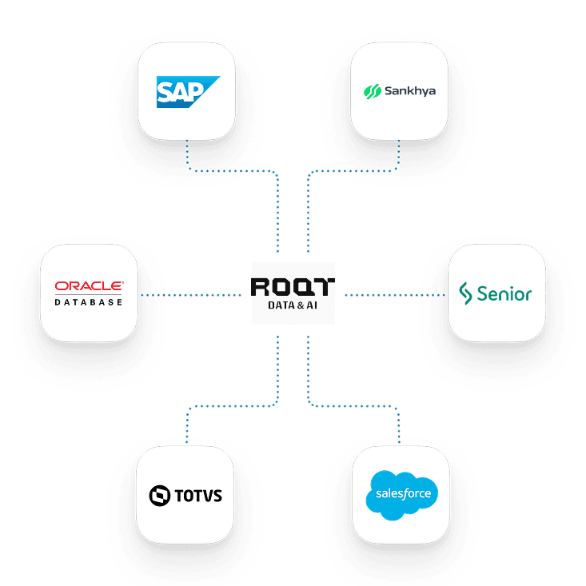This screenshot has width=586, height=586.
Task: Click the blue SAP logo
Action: click(x=188, y=92)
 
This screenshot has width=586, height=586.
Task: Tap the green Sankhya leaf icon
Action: click(x=373, y=91)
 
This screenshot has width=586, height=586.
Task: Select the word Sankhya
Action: click(x=410, y=91)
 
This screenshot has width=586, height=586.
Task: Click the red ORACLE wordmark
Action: click(x=90, y=286)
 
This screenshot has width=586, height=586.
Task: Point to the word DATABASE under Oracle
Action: click(x=89, y=302)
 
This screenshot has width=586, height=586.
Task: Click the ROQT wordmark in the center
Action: click(x=293, y=287)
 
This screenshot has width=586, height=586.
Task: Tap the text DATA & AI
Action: click(x=293, y=305)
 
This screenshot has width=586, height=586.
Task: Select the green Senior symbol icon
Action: click(x=465, y=293)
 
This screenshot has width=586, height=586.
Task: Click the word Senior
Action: click(x=504, y=293)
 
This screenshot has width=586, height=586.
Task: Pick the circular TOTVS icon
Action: click(x=160, y=496)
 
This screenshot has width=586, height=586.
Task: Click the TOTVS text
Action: click(x=198, y=496)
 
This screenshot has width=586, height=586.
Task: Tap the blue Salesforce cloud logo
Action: click(x=402, y=495)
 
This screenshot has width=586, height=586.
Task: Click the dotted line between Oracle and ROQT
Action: click(x=191, y=295)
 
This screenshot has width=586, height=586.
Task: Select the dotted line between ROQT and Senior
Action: click(x=395, y=295)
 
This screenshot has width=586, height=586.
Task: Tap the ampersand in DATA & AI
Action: click(x=301, y=305)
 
